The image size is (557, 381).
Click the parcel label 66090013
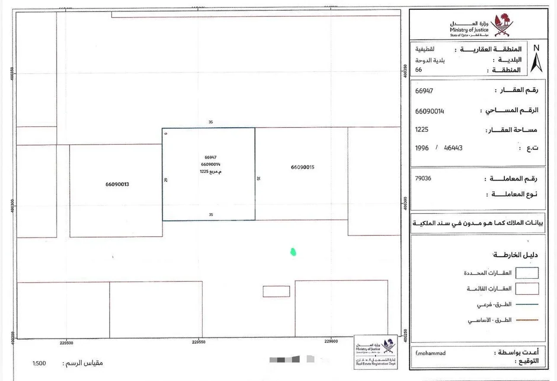(x=117, y=184)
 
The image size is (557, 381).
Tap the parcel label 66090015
(x=303, y=167)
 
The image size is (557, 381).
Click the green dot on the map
(x=293, y=251)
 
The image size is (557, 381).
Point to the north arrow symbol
(x=536, y=59)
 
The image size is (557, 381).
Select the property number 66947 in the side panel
(x=424, y=91)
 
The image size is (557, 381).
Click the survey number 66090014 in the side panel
(x=429, y=111)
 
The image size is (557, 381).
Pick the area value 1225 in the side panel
(x=422, y=129)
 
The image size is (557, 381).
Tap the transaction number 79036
(x=423, y=178)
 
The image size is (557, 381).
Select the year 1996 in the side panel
(x=422, y=148)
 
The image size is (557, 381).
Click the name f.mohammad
(x=430, y=353)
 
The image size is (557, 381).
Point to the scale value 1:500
(x=39, y=363)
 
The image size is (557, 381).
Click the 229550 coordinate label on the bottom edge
(x=198, y=342)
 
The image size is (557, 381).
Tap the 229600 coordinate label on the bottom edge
(x=331, y=342)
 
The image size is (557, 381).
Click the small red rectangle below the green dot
(x=276, y=292)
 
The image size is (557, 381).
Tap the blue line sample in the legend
(x=527, y=305)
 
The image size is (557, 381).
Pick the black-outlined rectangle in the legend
(x=527, y=273)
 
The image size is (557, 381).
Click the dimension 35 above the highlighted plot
(x=211, y=122)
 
